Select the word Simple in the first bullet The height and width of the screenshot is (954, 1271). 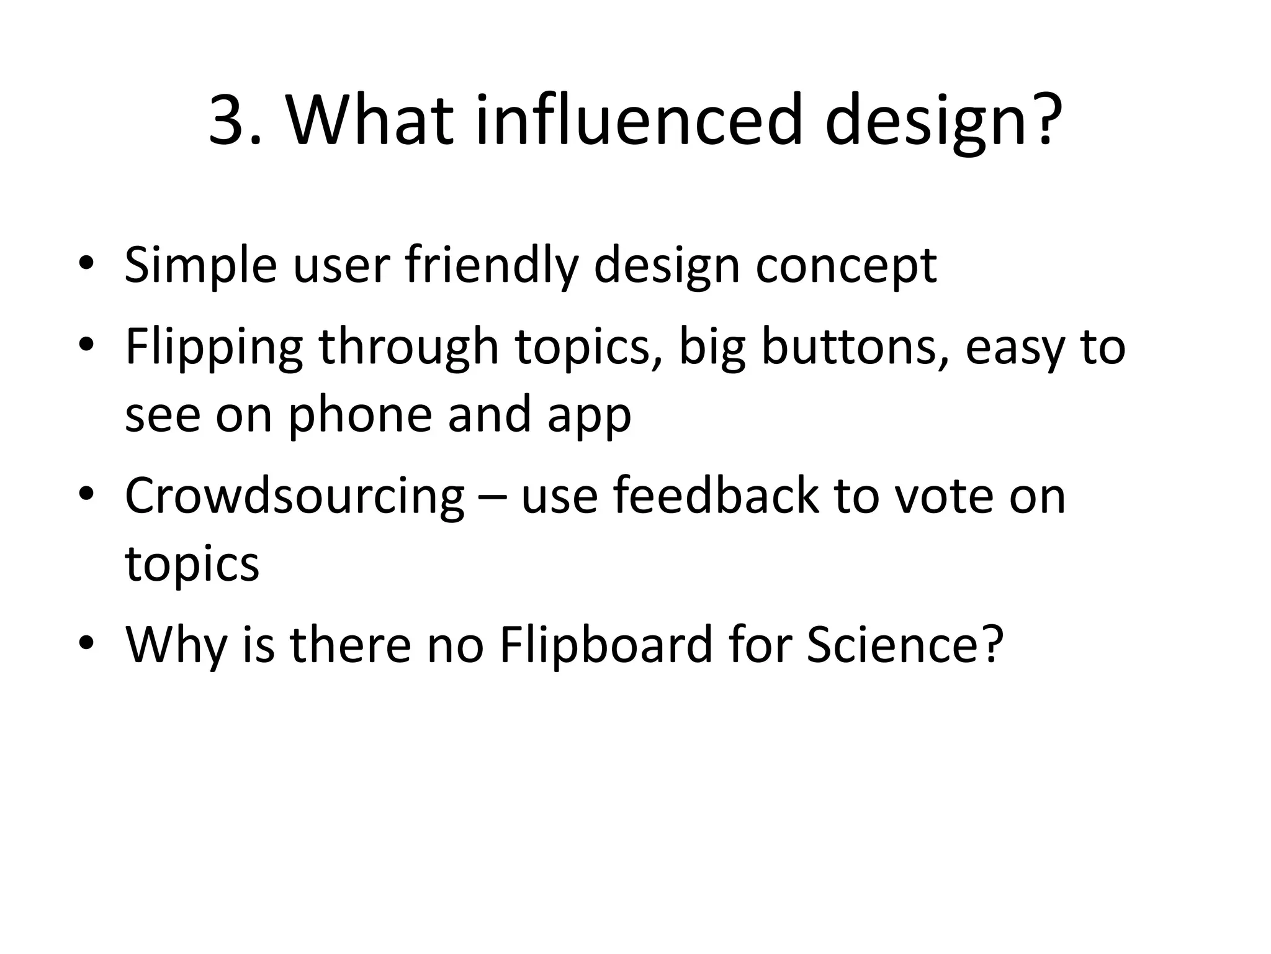[x=200, y=266]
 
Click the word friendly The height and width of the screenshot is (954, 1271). [x=491, y=266]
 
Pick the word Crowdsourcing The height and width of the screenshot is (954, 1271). [x=294, y=497]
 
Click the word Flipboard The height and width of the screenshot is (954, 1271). [x=606, y=647]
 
